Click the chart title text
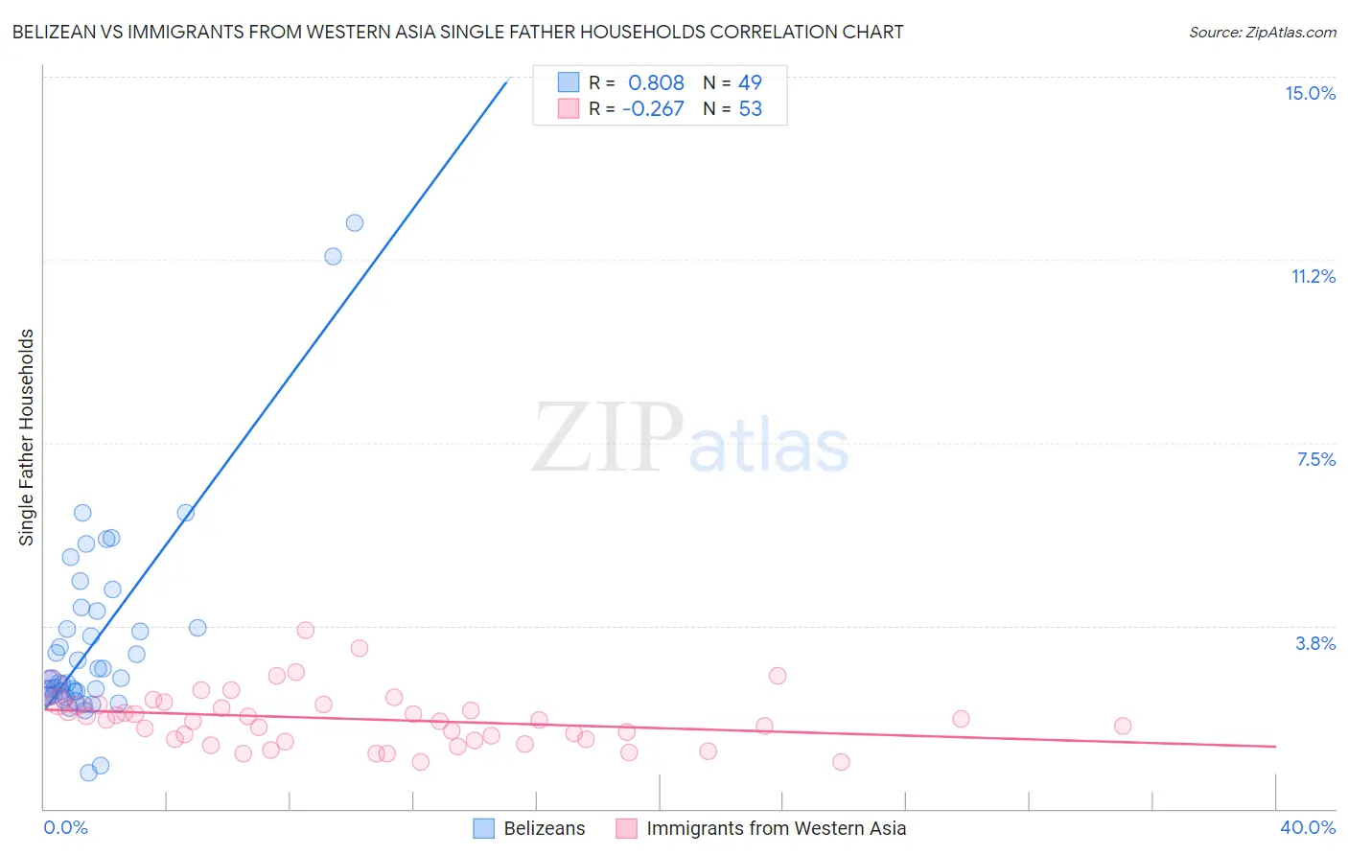(457, 33)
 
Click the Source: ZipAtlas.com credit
(1262, 33)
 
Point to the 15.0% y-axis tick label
(1310, 93)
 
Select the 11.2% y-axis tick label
(1313, 276)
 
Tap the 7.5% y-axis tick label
(1315, 459)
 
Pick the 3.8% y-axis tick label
(1315, 643)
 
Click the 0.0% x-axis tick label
(65, 827)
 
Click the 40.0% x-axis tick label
(1307, 827)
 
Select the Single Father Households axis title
(27, 437)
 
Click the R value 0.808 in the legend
(656, 83)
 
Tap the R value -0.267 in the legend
(653, 109)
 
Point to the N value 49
(750, 83)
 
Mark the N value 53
(750, 109)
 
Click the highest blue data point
(355, 223)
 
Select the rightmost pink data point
(1123, 726)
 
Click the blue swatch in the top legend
(569, 82)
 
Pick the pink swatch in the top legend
(569, 108)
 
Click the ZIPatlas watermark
(690, 438)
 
